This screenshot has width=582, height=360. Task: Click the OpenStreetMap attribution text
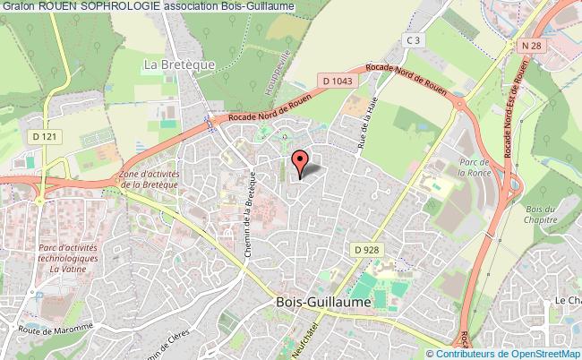(531, 353)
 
